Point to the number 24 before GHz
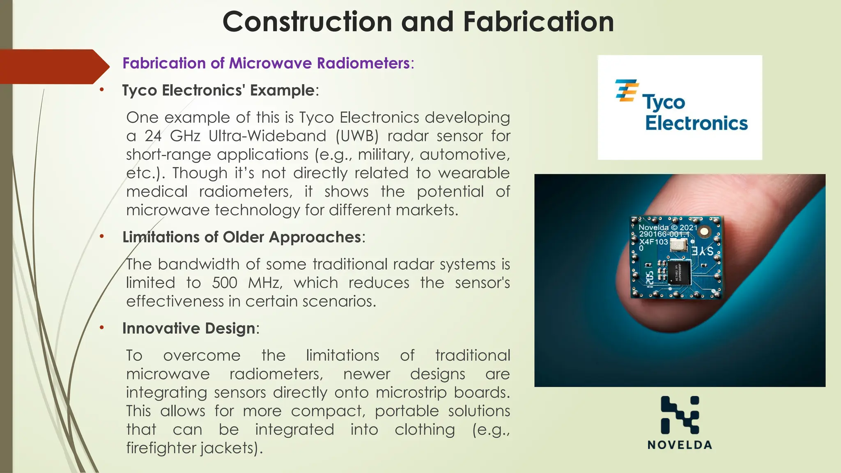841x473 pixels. click(153, 136)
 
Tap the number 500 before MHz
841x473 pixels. click(225, 283)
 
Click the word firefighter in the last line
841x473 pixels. click(161, 448)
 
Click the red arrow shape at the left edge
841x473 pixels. click(53, 67)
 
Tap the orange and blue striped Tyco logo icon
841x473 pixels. click(627, 90)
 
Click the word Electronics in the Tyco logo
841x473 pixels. click(696, 123)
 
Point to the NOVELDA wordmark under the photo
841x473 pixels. click(680, 445)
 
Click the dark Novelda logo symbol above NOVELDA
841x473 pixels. click(680, 415)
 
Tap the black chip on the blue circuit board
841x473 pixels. click(679, 273)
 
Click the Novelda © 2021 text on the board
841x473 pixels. click(668, 227)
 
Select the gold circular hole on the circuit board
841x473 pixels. click(704, 232)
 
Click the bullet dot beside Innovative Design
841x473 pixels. click(101, 328)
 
